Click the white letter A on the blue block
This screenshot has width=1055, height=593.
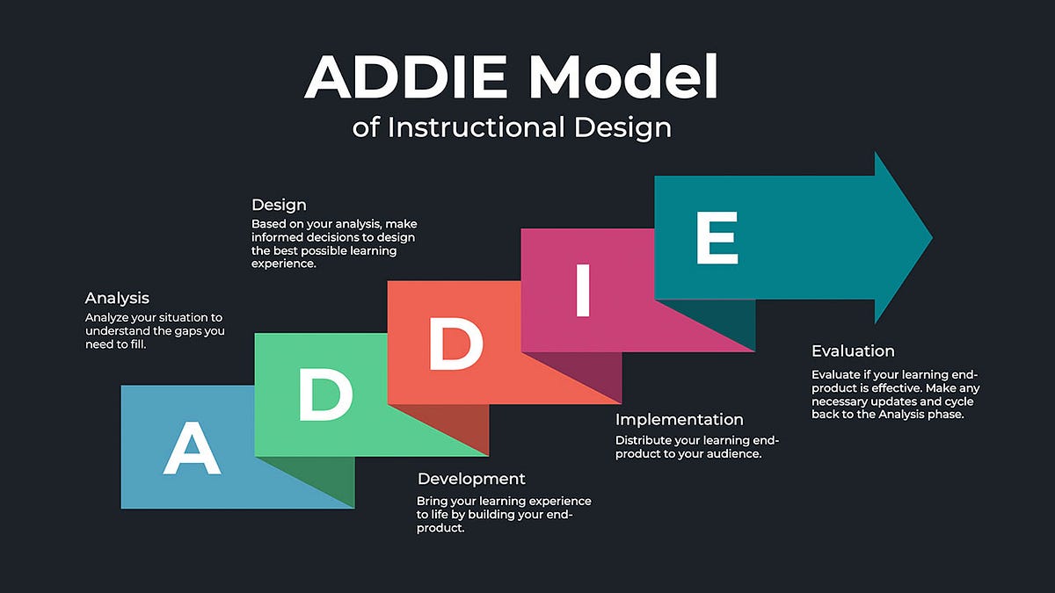coord(191,448)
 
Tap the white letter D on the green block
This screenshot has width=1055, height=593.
coord(325,394)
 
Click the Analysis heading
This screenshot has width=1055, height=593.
coord(117,298)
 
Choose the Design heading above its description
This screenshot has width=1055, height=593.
coord(279,205)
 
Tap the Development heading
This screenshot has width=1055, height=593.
coord(471,479)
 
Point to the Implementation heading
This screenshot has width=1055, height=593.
coord(679,420)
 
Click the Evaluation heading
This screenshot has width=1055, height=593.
coord(853,351)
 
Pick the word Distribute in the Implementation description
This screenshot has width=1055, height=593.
coord(645,440)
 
